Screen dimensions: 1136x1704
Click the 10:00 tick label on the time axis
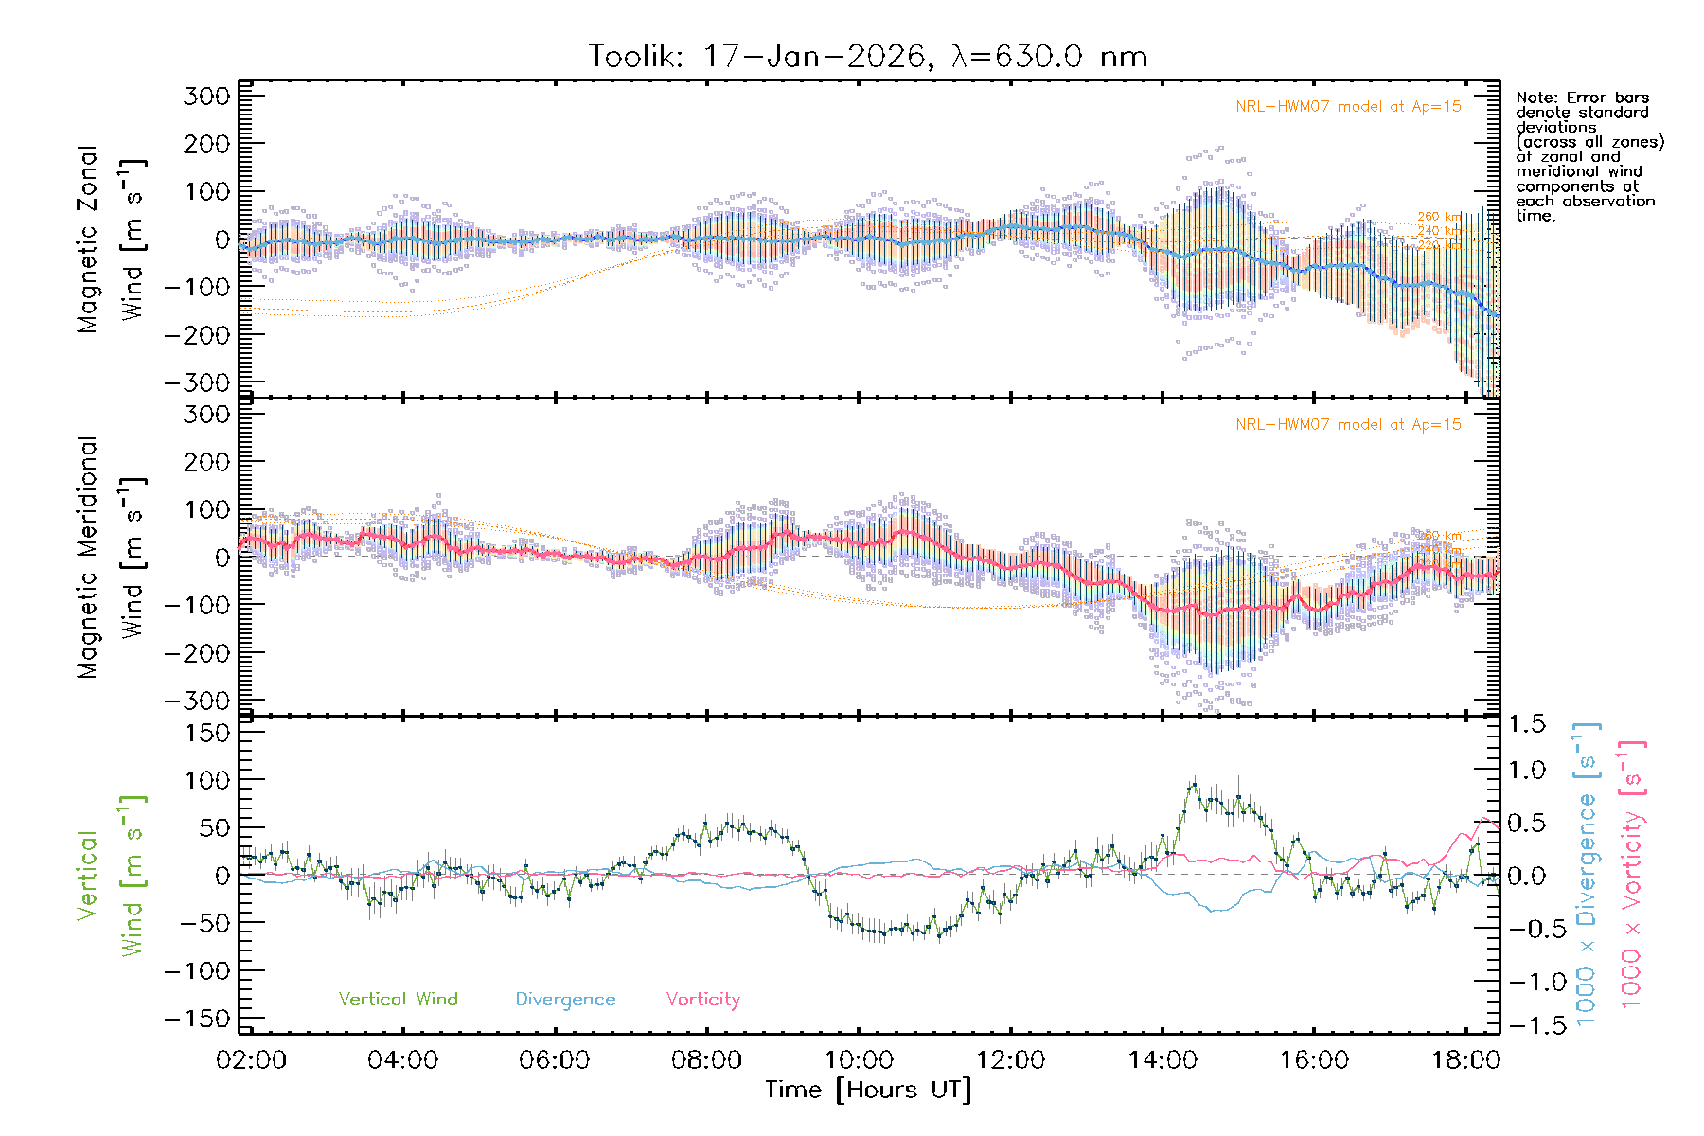click(859, 1060)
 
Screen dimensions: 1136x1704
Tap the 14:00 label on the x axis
click(1163, 1060)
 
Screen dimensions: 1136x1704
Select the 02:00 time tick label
click(251, 1060)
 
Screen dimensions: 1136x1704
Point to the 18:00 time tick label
click(1465, 1060)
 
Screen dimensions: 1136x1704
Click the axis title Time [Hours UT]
click(868, 1090)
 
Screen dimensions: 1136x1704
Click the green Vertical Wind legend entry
click(398, 1000)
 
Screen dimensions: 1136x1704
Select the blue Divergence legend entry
click(565, 1000)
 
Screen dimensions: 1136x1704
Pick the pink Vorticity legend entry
click(702, 1000)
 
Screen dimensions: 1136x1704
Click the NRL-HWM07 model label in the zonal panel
click(1348, 107)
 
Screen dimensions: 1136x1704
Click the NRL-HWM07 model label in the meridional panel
click(1348, 425)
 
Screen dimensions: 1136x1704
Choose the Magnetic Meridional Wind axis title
click(112, 558)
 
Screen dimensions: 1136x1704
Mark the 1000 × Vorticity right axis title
click(1632, 874)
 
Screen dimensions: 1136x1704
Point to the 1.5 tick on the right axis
click(1526, 724)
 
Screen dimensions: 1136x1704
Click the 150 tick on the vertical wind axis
click(208, 733)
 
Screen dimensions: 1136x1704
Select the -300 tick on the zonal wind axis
click(197, 383)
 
